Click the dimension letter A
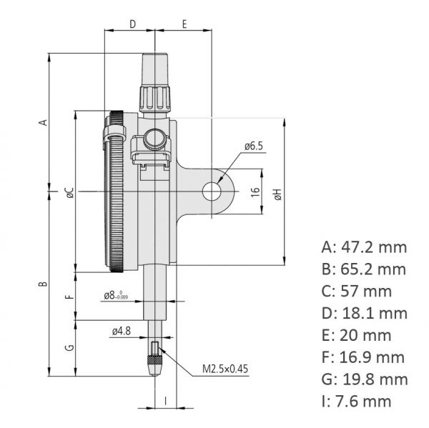coord(44,122)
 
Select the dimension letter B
coord(44,284)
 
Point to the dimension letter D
coord(132,24)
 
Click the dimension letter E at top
coord(184,24)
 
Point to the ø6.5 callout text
coord(253,146)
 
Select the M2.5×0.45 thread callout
coord(225,369)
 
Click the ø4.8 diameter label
coord(121,331)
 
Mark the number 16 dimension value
coord(254,191)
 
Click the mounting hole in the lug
coord(212,191)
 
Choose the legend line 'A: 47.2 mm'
coord(364,247)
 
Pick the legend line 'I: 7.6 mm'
coord(357,401)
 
